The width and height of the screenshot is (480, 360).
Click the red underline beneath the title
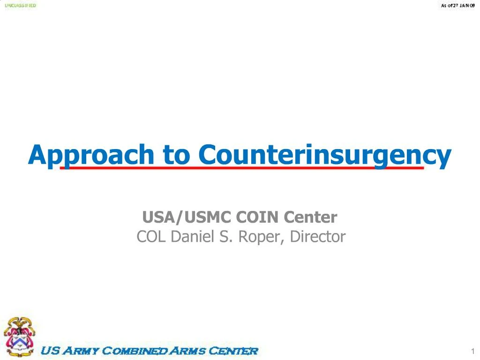(241, 167)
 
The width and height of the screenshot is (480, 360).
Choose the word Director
(317, 237)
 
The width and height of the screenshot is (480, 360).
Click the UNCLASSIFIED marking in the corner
(21, 6)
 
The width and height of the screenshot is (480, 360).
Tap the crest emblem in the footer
(20, 333)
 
